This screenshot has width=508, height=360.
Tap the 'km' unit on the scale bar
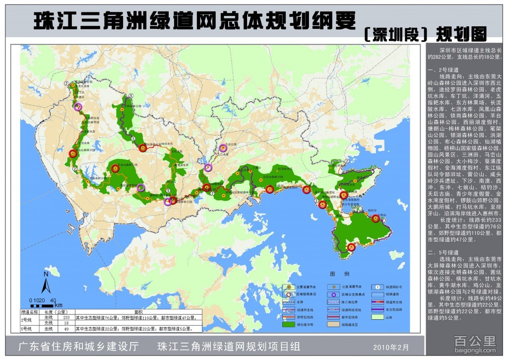59,304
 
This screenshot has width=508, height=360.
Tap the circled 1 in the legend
378,287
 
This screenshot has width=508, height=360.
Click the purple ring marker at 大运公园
223,148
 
